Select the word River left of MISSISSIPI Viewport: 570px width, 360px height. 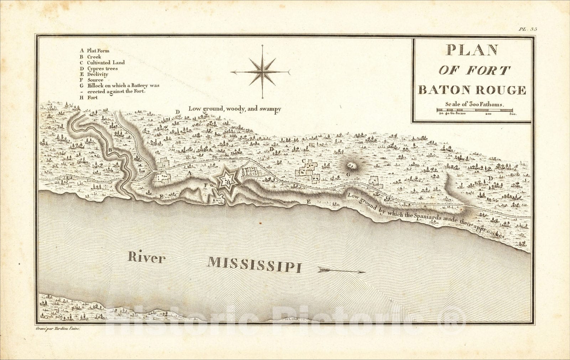[x=145, y=257]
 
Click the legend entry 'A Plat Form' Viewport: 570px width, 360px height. [x=94, y=51]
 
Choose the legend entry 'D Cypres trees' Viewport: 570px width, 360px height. [x=99, y=68]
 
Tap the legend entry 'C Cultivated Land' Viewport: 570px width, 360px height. [x=102, y=62]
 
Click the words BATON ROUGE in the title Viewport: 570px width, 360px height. [x=472, y=90]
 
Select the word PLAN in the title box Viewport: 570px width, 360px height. [x=472, y=50]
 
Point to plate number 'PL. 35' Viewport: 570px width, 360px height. [x=527, y=29]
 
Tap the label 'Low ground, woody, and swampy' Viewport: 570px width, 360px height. [x=234, y=109]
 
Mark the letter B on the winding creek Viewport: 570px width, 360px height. [x=111, y=149]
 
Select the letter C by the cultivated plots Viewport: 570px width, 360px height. [x=304, y=161]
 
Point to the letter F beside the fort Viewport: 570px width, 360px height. [x=206, y=185]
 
